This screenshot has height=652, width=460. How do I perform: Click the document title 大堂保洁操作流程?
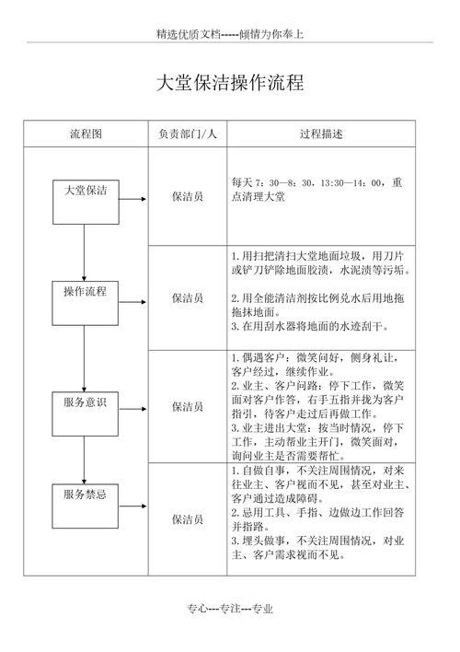coord(229,83)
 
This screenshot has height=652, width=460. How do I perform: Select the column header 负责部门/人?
coord(188,134)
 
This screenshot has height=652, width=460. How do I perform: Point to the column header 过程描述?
coord(321,134)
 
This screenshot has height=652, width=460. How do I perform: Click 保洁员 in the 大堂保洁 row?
coord(188,197)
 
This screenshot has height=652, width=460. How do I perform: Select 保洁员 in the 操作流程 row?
coord(188,298)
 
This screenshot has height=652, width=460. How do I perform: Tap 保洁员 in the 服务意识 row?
coord(188,406)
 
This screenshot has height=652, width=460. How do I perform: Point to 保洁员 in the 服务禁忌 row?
coord(188,519)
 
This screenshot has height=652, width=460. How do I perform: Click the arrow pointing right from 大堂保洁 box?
coord(132,198)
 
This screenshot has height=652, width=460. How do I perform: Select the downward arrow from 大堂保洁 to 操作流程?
coord(86,253)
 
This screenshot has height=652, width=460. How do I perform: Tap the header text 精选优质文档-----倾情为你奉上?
coord(230,34)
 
